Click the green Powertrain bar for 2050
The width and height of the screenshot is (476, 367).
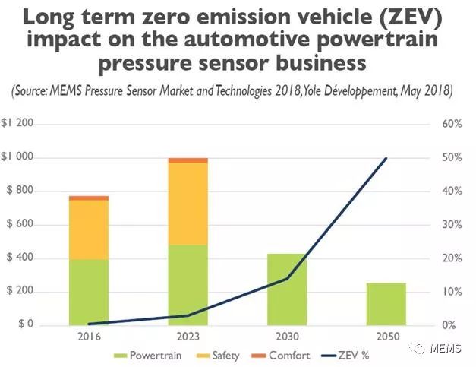[386, 304]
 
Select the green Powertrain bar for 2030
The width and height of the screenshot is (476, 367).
[287, 289]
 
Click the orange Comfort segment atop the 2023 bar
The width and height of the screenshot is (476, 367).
[188, 160]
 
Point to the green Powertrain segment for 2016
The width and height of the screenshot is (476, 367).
[88, 293]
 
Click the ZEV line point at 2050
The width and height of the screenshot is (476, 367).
[386, 159]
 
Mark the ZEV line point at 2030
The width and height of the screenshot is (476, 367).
[287, 279]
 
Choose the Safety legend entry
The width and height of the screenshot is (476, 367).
[220, 355]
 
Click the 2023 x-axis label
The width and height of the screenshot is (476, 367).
[188, 335]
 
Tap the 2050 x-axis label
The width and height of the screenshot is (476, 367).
[386, 335]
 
